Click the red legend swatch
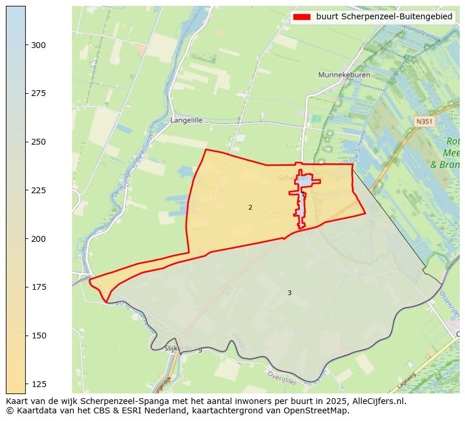[x=302, y=17]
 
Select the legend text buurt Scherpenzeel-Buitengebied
[x=384, y=17]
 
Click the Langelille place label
[x=186, y=120]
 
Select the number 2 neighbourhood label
[x=250, y=207]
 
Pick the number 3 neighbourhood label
[x=289, y=293]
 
